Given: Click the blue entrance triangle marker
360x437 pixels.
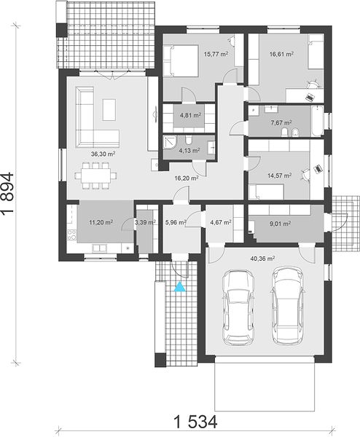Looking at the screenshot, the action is [x=180, y=287].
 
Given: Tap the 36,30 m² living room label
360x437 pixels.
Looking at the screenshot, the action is [x=103, y=154].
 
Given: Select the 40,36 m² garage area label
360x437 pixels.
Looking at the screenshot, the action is [x=262, y=259].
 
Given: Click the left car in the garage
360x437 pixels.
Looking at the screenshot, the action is [x=238, y=307].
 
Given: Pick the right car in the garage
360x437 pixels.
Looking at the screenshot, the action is [x=287, y=306].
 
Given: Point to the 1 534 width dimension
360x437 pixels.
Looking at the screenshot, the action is [x=195, y=422].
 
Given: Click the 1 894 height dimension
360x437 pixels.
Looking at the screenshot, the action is [x=7, y=194].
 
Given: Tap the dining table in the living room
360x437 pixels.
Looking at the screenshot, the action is [x=95, y=176].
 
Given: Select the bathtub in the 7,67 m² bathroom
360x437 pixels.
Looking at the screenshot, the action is [x=317, y=121].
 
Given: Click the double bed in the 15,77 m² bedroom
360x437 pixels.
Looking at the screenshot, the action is [x=181, y=60].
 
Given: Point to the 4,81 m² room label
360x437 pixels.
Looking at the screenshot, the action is [x=191, y=115].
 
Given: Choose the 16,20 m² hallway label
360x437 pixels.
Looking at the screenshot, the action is [x=187, y=178].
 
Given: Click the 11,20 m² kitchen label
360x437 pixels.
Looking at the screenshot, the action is [x=101, y=222].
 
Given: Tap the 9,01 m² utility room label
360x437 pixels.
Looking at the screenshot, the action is [x=281, y=224].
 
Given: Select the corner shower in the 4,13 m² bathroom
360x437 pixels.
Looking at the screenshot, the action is [x=170, y=143].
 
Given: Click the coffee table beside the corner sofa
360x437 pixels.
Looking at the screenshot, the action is [x=109, y=110].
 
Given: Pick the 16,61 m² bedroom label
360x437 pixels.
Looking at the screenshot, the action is [x=281, y=54].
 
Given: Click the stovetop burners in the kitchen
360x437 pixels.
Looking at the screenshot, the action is [x=72, y=235].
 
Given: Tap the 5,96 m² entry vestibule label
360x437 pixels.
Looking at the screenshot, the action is [x=176, y=222].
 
